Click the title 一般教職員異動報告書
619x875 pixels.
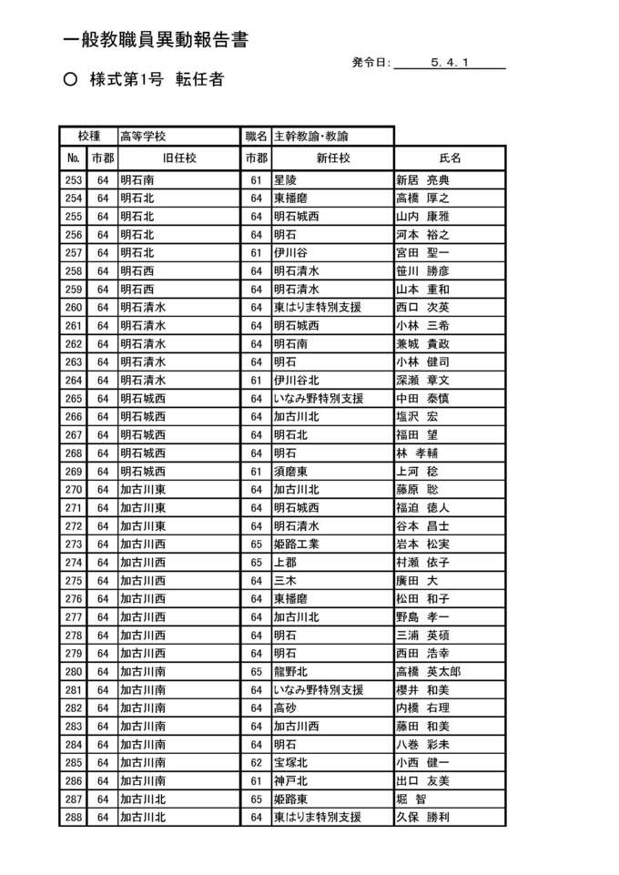point(156,40)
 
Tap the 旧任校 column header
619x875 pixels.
point(179,158)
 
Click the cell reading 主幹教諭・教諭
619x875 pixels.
point(311,137)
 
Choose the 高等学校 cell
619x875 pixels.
point(143,137)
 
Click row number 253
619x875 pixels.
point(74,180)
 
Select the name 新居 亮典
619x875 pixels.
point(422,180)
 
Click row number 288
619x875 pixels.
point(74,818)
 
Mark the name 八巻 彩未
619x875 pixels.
point(422,745)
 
